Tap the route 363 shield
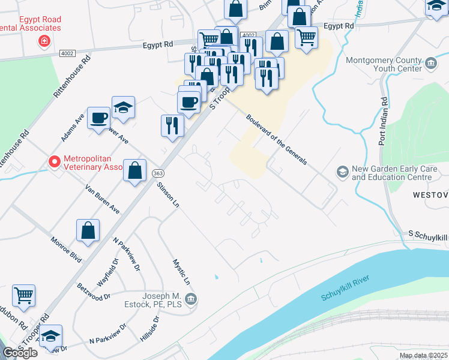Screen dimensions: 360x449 tap(155, 173)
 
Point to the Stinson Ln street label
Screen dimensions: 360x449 tap(168, 196)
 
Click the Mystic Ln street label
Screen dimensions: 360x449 tap(182, 272)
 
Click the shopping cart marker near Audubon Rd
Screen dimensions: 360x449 tap(23, 295)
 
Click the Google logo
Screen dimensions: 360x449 tap(20, 353)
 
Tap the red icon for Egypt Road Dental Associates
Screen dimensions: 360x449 tap(43, 41)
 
